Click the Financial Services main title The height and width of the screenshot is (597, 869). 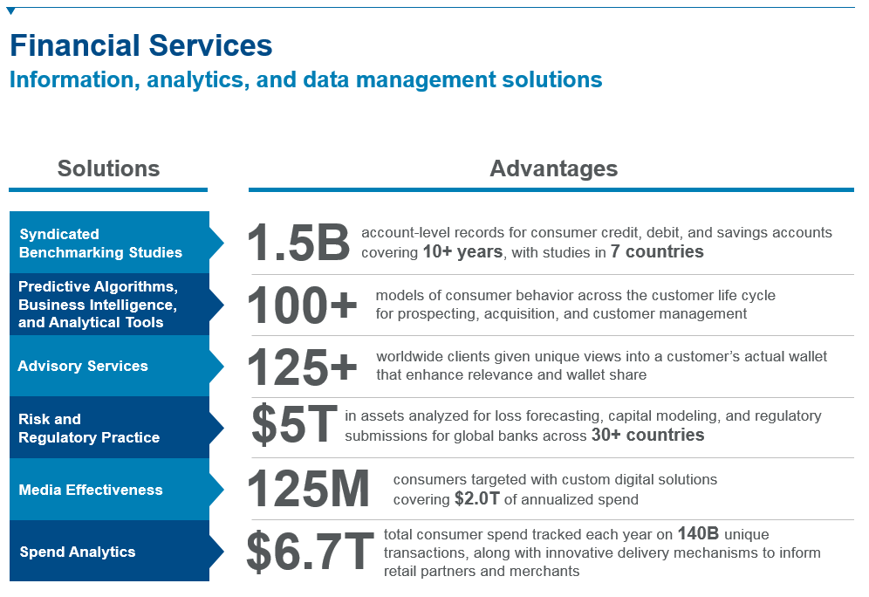[x=140, y=45]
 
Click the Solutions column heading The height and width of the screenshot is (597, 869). [x=108, y=168]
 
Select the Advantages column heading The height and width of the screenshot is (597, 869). [x=553, y=168]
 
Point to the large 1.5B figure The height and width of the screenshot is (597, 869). [x=298, y=243]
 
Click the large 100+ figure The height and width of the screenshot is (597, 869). [x=303, y=305]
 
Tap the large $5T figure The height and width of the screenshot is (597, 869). [x=294, y=425]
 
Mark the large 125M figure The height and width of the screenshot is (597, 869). [x=309, y=489]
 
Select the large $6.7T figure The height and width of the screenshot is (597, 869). [x=310, y=552]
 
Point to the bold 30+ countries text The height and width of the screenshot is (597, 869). [x=647, y=435]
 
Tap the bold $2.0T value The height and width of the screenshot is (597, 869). [x=478, y=499]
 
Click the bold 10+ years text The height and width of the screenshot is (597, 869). [x=462, y=252]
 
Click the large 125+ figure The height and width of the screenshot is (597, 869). [x=303, y=367]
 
